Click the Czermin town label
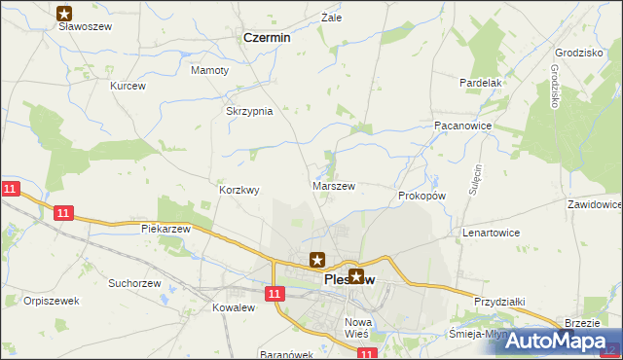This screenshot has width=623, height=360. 266,38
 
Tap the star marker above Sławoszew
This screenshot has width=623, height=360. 64,14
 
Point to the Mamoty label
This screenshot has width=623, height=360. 210,71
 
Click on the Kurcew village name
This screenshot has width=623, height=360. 128,87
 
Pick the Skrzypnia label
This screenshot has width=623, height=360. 249,111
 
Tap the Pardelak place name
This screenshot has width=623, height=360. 480,84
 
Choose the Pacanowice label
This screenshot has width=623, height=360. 462,126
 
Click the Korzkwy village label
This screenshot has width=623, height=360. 239,191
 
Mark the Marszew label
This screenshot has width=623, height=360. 333,185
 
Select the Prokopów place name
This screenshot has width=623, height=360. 421,196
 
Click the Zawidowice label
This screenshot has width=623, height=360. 594,205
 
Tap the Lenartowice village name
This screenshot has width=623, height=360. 491,234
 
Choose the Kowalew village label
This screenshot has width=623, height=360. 233,307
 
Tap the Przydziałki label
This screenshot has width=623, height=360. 500,302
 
